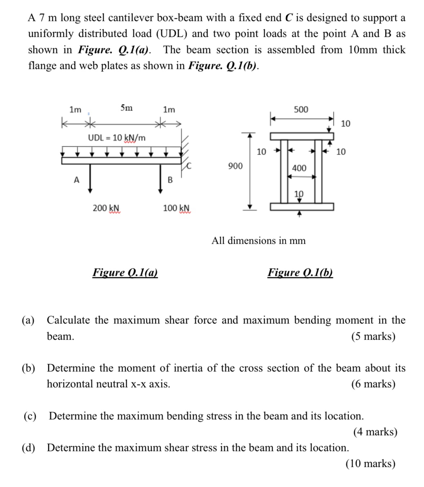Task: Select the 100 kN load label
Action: click(x=176, y=208)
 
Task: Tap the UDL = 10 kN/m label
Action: click(x=117, y=138)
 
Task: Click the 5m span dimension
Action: click(x=126, y=108)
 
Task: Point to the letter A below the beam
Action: click(x=76, y=180)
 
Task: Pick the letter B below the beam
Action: click(x=170, y=180)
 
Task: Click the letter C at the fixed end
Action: click(x=190, y=166)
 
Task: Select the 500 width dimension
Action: click(x=301, y=109)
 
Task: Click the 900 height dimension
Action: click(x=235, y=166)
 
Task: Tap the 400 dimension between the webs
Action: click(x=299, y=168)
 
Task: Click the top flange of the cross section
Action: click(x=302, y=136)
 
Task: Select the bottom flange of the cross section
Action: click(x=302, y=207)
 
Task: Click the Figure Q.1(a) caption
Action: click(x=125, y=272)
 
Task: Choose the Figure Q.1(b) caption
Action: click(x=300, y=272)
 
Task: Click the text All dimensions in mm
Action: click(x=258, y=240)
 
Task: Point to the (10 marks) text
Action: click(x=370, y=463)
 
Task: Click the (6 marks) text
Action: click(x=373, y=384)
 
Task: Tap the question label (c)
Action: click(x=30, y=416)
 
